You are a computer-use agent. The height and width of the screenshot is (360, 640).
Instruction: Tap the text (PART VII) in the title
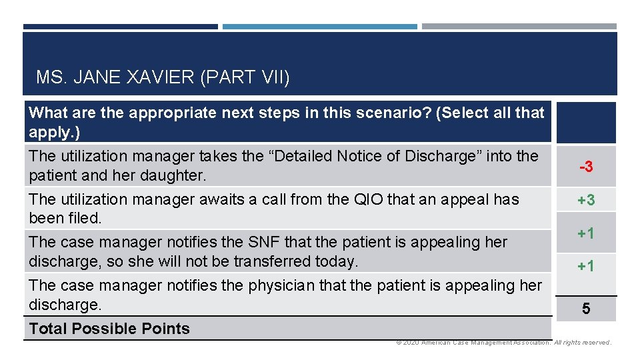click(x=245, y=78)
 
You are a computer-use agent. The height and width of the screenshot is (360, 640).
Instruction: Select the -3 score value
click(x=586, y=167)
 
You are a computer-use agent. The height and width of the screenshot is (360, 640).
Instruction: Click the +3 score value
click(x=586, y=200)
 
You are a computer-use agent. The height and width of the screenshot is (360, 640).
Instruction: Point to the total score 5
click(x=586, y=309)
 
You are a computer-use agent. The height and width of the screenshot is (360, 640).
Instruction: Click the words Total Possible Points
click(x=109, y=329)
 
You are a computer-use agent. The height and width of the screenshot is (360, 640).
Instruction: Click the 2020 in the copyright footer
click(x=411, y=343)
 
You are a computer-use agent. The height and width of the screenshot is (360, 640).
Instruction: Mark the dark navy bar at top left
click(x=120, y=27)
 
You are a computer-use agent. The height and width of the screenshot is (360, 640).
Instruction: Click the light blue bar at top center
click(x=319, y=27)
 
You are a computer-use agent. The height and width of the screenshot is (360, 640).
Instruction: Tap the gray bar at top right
click(x=519, y=27)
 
